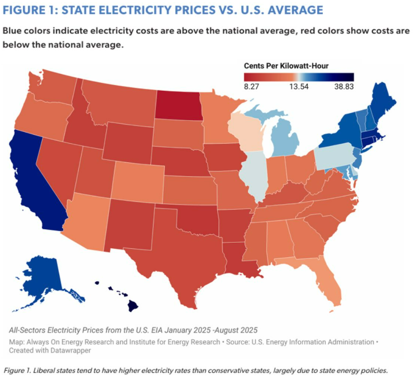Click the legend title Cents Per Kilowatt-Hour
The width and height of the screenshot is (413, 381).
pos(286,66)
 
